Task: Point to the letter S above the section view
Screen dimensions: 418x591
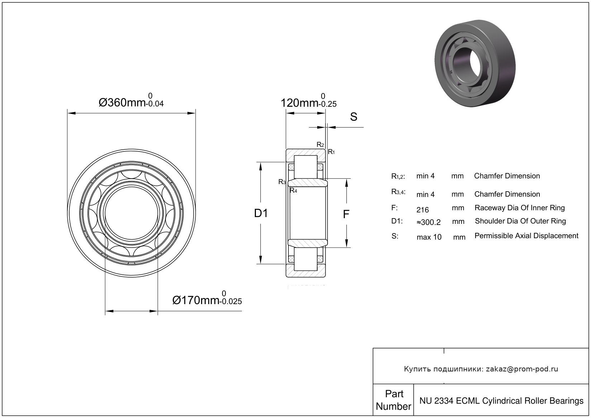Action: [353, 117]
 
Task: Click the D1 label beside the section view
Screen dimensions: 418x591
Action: [261, 213]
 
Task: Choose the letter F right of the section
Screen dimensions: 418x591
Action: [346, 214]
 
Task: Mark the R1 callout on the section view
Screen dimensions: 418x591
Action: [332, 152]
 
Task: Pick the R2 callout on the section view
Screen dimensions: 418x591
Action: [320, 145]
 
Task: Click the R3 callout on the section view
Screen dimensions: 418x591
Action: [282, 182]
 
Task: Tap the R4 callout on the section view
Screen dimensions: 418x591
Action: [293, 191]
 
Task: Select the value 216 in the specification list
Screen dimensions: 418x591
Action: [423, 210]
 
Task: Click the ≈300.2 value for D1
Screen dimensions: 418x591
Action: [429, 222]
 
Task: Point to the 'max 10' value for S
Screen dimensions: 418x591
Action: [429, 237]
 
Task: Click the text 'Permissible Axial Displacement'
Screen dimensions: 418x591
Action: [526, 236]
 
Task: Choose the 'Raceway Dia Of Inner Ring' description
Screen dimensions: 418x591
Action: [519, 208]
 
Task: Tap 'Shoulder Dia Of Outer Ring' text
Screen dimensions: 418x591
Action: [520, 221]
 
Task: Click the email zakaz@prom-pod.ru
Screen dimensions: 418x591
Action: [521, 369]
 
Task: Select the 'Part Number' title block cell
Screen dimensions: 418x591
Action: [394, 400]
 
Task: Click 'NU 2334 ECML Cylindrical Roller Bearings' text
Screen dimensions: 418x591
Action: [501, 400]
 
